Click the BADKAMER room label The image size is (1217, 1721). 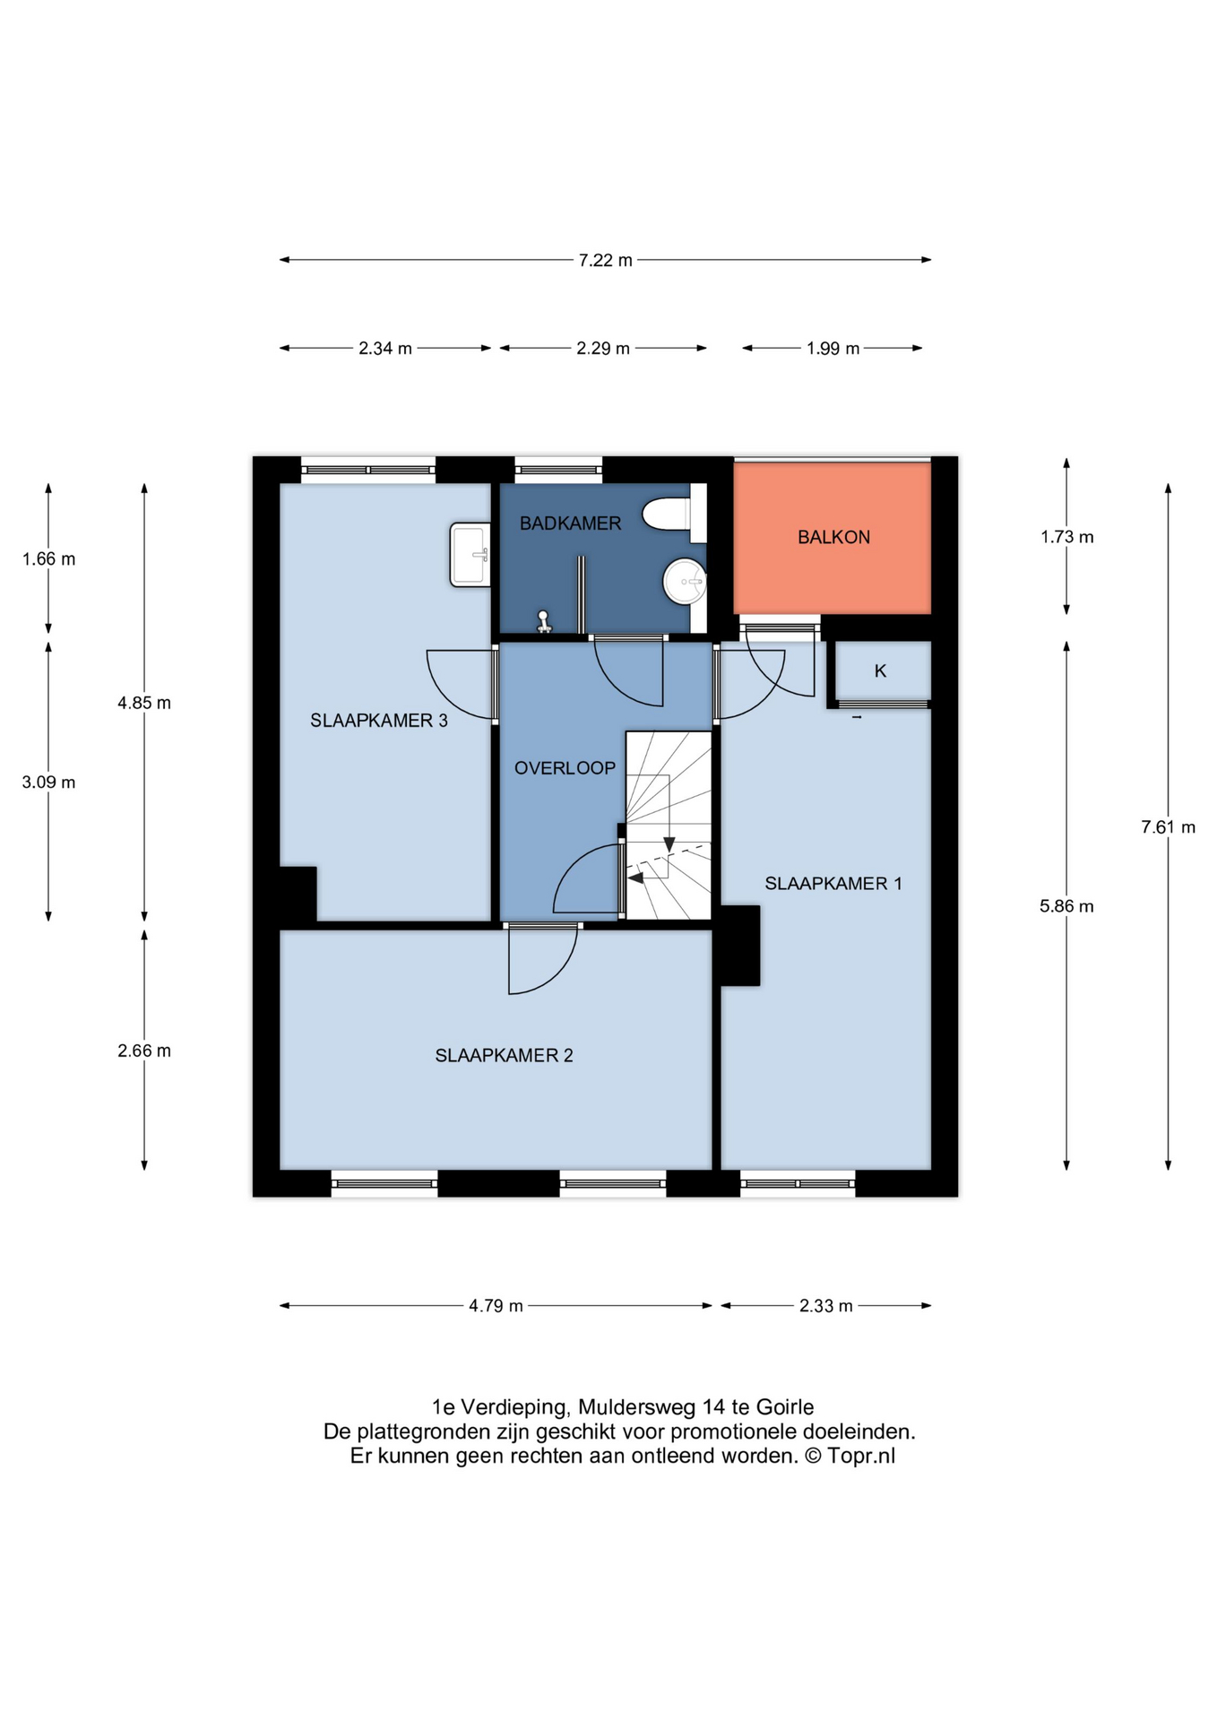click(570, 523)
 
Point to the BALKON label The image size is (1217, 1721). click(833, 537)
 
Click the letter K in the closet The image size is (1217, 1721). click(880, 670)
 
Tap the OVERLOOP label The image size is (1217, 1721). click(565, 768)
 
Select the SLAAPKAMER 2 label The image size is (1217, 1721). click(504, 1056)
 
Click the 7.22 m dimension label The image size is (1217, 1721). click(606, 260)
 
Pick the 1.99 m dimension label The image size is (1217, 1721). click(833, 348)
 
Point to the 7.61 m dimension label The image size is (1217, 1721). click(1168, 827)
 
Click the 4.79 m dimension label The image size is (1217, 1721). click(496, 1306)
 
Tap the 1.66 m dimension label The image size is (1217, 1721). click(49, 559)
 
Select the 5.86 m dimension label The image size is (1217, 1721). click(1066, 906)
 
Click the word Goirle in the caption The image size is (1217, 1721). click(785, 1407)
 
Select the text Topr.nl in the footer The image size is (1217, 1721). click(861, 1456)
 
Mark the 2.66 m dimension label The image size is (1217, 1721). click(144, 1051)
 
